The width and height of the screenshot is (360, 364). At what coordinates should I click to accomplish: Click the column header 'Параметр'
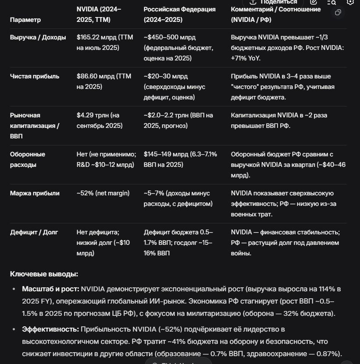(x=25, y=20)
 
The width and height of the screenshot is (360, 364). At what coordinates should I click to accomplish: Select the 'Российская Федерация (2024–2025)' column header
(x=179, y=14)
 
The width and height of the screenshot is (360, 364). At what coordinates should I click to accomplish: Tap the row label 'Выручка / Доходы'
(x=38, y=37)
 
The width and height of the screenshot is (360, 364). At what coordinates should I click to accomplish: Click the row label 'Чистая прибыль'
(x=35, y=76)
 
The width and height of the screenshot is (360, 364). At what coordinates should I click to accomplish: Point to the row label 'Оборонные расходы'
(x=28, y=159)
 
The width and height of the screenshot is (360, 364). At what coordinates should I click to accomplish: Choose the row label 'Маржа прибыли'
(x=35, y=193)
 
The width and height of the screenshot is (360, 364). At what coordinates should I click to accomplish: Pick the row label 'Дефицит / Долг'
(x=34, y=232)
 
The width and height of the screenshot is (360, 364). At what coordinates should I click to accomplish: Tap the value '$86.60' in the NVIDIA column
(x=86, y=76)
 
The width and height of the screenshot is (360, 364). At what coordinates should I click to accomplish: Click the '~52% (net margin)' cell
(x=103, y=193)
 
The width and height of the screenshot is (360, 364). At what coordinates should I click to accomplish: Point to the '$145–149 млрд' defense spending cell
(x=165, y=154)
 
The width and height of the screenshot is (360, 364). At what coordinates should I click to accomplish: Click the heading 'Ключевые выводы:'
(x=44, y=274)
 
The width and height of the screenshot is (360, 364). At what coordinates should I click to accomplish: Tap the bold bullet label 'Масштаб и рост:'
(x=50, y=289)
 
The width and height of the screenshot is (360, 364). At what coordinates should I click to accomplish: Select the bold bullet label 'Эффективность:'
(x=50, y=329)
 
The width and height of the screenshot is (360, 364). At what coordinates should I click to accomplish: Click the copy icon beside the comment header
(x=338, y=13)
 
